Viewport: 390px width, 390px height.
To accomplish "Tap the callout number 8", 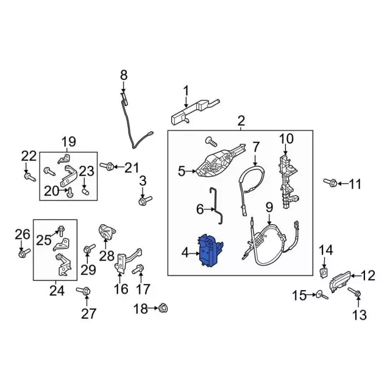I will pos(124,75).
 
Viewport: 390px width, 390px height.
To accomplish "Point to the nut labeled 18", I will pos(163,309).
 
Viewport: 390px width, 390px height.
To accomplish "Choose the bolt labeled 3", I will pos(144,199).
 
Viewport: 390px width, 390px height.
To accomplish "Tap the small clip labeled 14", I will pos(324,268).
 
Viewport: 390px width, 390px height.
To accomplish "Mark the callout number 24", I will pos(57,291).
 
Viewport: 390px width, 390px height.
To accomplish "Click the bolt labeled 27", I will pos(84,291).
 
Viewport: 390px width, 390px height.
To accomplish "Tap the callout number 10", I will pos(286,139).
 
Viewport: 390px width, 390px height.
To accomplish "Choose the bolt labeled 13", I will pos(357,294).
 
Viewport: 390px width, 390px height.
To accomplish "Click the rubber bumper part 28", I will pos(107,233).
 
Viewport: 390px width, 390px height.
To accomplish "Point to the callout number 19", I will pos(68,142).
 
